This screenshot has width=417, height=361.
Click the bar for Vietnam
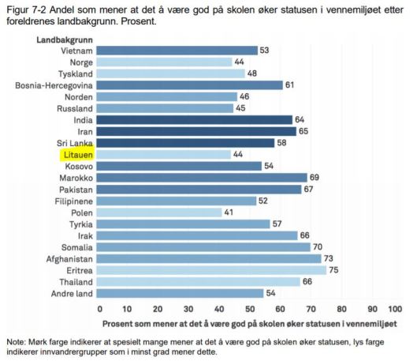click(178, 51)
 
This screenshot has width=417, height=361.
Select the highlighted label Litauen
click(77, 155)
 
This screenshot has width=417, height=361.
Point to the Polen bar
click(161, 212)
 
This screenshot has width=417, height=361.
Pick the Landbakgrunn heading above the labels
click(64, 38)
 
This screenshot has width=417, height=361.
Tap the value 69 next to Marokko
click(314, 178)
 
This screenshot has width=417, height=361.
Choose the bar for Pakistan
click(200, 190)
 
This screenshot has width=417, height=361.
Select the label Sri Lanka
click(76, 143)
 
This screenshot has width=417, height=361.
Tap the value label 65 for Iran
click(303, 131)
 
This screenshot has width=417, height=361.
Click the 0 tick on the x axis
click(100, 308)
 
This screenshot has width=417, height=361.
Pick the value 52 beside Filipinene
click(262, 201)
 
